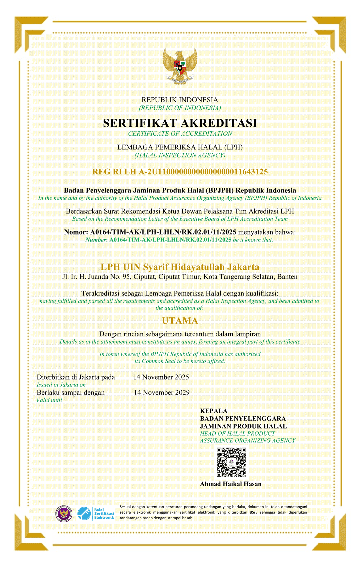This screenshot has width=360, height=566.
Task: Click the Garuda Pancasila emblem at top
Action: [180, 66]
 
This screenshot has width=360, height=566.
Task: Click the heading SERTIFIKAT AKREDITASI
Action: [180, 123]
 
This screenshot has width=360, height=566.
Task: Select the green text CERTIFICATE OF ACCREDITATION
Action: [180, 133]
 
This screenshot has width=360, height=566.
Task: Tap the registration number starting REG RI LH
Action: [180, 172]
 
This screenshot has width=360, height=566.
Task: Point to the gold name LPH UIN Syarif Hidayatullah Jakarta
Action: [180, 267]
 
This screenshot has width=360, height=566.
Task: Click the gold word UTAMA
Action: [180, 321]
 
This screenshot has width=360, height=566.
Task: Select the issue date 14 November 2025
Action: [161, 377]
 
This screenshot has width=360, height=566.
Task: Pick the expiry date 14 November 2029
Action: [162, 392]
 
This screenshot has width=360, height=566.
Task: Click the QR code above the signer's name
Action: [231, 462]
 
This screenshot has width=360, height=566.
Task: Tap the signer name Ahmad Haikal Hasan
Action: [231, 484]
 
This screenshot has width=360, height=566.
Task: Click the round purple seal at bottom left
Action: [64, 514]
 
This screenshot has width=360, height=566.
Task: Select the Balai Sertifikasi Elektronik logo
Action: [96, 514]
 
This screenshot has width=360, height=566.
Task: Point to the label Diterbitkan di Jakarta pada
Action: [76, 377]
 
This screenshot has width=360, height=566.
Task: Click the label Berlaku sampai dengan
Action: [71, 393]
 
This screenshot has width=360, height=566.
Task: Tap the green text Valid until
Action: [49, 400]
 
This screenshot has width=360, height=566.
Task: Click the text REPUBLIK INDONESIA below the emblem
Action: [180, 100]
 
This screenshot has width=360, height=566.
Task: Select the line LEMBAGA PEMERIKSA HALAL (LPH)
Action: [180, 147]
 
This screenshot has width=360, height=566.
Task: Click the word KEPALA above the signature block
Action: [214, 411]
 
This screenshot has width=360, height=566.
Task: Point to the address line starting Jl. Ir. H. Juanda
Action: [180, 276]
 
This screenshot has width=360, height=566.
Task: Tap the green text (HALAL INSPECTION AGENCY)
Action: [180, 155]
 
